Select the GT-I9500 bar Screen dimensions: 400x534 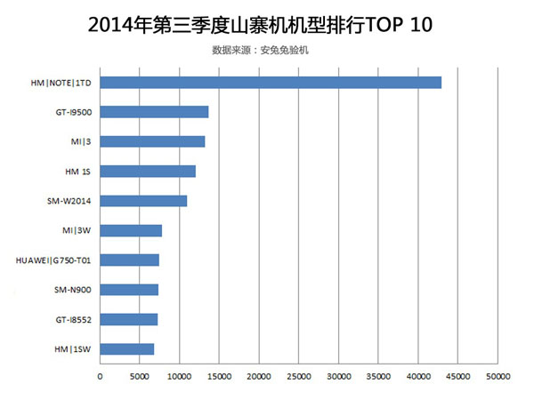154,112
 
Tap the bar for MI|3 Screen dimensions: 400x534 152,141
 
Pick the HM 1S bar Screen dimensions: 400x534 148,171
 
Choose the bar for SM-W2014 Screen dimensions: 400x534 143,201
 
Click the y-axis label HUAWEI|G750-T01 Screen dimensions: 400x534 54,260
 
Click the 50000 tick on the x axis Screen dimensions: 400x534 497,376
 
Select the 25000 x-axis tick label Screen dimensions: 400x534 298,376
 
